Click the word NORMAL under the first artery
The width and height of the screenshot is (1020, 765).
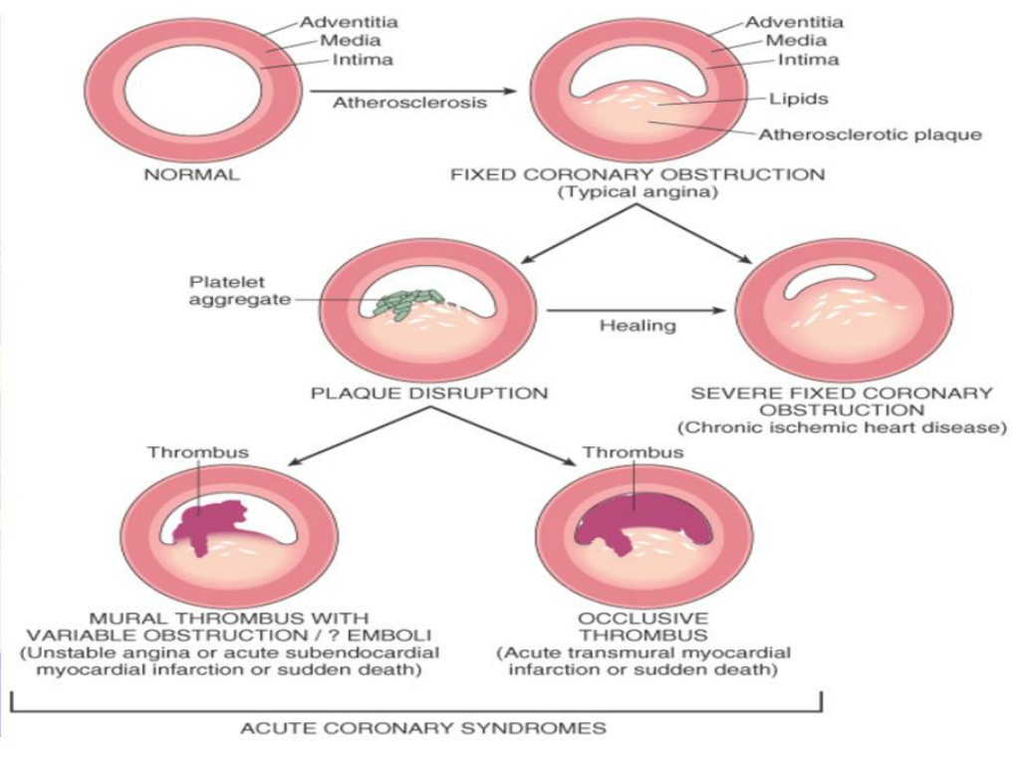click(x=191, y=174)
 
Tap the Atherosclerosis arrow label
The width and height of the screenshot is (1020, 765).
click(x=409, y=103)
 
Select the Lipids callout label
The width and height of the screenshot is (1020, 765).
click(x=798, y=99)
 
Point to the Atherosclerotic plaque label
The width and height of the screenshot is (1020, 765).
click(x=870, y=134)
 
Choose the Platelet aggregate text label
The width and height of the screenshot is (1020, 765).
click(x=239, y=291)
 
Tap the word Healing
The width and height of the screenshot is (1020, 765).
click(x=637, y=326)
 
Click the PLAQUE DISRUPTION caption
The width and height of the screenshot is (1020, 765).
click(x=429, y=392)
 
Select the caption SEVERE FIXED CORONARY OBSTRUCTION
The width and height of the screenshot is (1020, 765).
click(x=842, y=401)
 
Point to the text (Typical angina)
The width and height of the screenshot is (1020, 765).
click(x=637, y=192)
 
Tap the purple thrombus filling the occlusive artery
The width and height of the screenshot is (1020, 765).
click(x=640, y=519)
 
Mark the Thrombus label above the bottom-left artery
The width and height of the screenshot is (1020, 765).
click(x=198, y=452)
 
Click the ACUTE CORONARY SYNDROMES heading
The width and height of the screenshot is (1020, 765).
click(x=423, y=727)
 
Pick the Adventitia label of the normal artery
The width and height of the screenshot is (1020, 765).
click(x=349, y=22)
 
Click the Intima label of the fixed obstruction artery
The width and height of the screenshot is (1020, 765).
click(x=809, y=60)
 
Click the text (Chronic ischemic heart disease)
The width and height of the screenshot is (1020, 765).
click(x=842, y=427)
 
